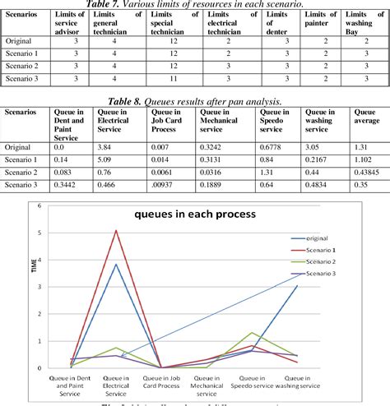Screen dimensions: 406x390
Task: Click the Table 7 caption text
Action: [x=194, y=5]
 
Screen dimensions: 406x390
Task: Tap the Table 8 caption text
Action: [x=194, y=100]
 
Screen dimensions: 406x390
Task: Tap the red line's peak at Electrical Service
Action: [x=117, y=231]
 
